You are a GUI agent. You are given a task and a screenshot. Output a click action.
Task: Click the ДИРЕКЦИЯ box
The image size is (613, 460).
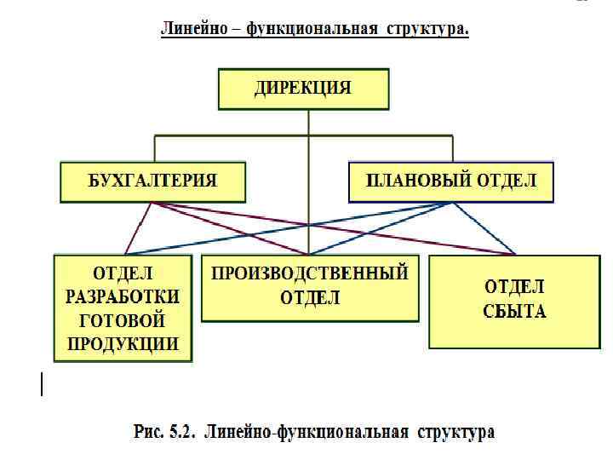pyautogui.click(x=304, y=89)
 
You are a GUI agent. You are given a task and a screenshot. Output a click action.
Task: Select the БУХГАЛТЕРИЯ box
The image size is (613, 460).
pyautogui.click(x=153, y=181)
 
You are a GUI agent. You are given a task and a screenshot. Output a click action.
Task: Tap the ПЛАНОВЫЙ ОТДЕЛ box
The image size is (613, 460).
pyautogui.click(x=451, y=181)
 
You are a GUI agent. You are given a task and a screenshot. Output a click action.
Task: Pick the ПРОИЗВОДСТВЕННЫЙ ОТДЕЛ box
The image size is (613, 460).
pyautogui.click(x=310, y=286)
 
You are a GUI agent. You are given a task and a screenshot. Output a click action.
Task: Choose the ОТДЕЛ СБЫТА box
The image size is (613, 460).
pyautogui.click(x=515, y=302)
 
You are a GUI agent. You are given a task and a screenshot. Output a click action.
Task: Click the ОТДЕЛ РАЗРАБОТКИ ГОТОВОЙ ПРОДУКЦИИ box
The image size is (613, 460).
pyautogui.click(x=123, y=308)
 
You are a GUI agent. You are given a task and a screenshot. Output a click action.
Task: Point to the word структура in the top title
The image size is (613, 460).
pyautogui.click(x=431, y=30)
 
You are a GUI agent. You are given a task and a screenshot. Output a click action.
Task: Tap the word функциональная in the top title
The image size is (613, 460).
pyautogui.click(x=312, y=30)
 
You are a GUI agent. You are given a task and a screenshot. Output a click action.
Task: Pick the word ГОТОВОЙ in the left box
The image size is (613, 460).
pyautogui.click(x=123, y=320)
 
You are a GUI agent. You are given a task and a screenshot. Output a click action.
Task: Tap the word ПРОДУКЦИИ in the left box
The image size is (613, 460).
pyautogui.click(x=123, y=344)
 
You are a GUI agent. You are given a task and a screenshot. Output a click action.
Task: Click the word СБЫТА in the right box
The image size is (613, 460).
pyautogui.click(x=515, y=311)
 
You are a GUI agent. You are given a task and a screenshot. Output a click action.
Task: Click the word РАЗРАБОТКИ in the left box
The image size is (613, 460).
pyautogui.click(x=123, y=296)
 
